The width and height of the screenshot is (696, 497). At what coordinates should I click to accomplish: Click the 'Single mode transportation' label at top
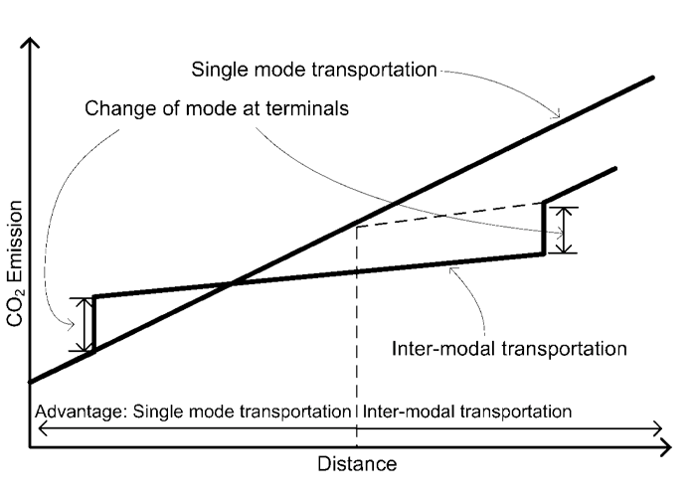click(313, 70)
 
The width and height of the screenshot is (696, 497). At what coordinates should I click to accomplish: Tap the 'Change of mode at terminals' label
click(217, 109)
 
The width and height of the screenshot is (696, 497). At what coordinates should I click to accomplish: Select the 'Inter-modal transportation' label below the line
click(510, 349)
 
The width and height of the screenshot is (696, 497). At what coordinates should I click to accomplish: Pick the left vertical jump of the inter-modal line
click(93, 324)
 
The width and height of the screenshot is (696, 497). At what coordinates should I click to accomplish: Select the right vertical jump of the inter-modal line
click(543, 229)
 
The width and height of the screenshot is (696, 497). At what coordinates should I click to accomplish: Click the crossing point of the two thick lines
click(232, 285)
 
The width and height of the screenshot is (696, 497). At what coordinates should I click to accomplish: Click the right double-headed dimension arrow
click(565, 230)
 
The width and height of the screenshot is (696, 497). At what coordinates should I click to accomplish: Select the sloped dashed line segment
click(447, 216)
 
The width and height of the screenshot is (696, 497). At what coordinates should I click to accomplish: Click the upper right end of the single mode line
click(653, 77)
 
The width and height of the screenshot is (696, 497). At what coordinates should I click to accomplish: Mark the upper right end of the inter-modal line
click(615, 167)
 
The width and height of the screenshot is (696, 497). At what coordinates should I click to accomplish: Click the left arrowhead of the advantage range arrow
click(40, 428)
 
